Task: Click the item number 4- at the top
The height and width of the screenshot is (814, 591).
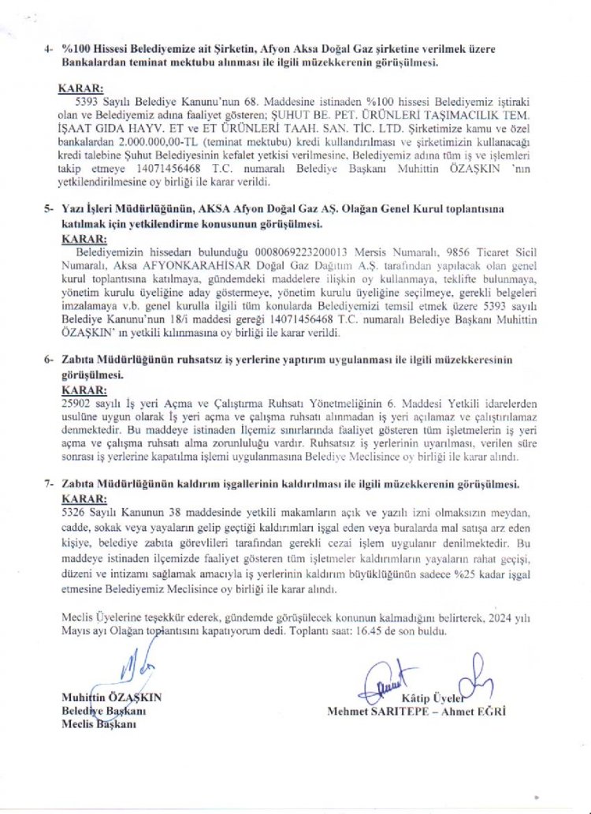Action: click(x=50, y=48)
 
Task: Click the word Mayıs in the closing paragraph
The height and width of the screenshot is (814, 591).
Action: click(x=74, y=632)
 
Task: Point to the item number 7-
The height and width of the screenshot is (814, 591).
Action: click(x=49, y=482)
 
